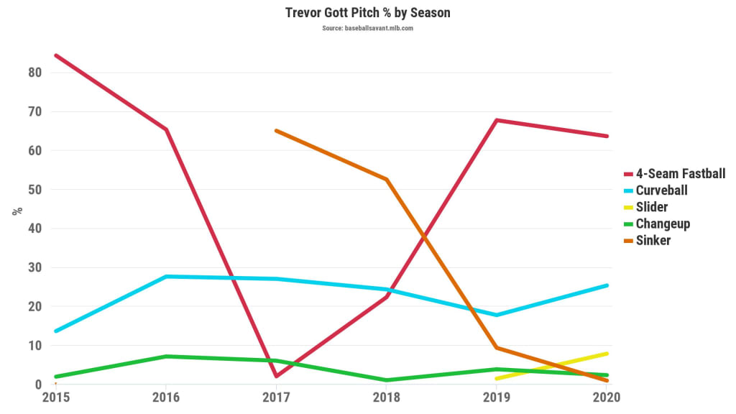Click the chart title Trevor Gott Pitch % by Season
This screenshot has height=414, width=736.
coord(367,13)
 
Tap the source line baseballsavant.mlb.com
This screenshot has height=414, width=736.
coord(367,28)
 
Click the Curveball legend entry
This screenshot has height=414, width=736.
coord(661,190)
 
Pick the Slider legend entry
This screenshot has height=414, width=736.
coord(651,207)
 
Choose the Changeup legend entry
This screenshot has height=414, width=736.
coord(662,224)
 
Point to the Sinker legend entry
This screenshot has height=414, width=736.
coord(653,240)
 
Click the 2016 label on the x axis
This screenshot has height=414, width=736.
coord(166,397)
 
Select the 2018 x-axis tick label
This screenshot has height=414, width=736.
coord(387,397)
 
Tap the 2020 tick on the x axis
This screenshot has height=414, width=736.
coord(607,397)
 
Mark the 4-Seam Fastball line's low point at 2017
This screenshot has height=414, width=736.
coord(276,376)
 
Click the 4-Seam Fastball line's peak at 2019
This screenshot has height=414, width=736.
coord(497,120)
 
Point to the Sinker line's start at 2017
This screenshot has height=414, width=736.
coord(276,131)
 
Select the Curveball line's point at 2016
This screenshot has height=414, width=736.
coord(166,276)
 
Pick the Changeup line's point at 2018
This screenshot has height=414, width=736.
coord(387,380)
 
